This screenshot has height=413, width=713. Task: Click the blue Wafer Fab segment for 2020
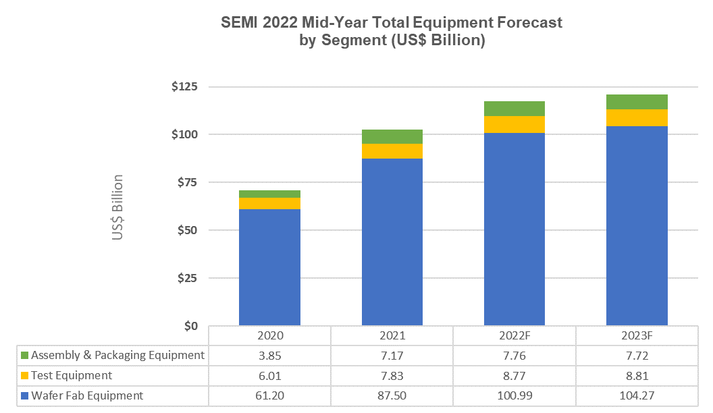[269, 267]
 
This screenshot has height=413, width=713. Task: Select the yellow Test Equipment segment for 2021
[392, 151]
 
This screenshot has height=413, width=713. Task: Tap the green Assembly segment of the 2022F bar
[514, 109]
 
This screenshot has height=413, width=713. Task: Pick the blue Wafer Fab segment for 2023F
[637, 226]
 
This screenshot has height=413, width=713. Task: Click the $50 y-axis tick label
[187, 230]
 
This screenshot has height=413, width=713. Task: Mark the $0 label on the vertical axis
[190, 326]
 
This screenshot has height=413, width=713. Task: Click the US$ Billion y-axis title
[117, 208]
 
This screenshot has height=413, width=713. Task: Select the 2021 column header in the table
[392, 335]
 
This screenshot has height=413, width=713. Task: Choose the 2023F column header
[637, 335]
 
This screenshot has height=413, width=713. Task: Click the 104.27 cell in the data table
[637, 396]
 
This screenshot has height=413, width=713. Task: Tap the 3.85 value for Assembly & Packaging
[269, 355]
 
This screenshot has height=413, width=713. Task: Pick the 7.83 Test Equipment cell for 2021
[392, 375]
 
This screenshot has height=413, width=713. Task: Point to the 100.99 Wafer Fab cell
[514, 396]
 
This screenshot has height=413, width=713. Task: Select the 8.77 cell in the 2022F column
[514, 375]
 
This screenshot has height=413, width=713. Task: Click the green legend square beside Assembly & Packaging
[25, 356]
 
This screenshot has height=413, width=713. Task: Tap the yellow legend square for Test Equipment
[25, 376]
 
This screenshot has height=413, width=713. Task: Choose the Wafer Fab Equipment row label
[87, 396]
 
